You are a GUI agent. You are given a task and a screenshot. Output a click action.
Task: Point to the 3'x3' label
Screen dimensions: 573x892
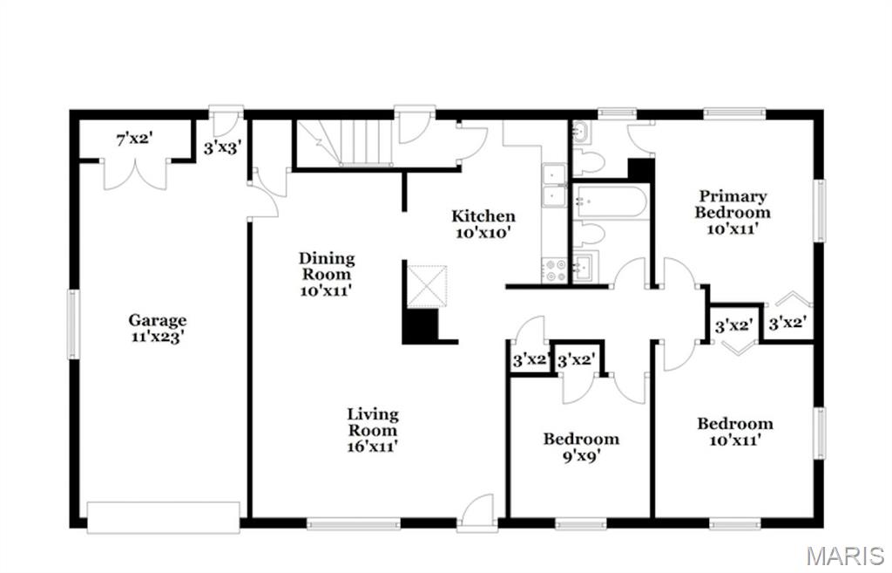221,148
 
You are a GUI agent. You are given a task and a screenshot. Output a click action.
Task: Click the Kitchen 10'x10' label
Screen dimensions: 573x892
483,224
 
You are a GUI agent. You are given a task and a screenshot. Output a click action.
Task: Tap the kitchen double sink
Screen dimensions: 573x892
553,186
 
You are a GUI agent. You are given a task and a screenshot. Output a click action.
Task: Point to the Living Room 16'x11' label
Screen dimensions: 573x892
373,430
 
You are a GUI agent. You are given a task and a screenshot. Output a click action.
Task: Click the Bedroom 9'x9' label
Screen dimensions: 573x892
581,446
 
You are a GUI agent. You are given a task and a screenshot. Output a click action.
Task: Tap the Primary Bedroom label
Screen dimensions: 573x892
732,212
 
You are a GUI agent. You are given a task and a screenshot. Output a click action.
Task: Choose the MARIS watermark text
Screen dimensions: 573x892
845,556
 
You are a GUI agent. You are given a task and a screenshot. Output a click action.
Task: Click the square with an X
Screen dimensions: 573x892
427,286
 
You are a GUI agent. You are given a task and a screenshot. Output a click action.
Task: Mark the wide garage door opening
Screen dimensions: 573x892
163,515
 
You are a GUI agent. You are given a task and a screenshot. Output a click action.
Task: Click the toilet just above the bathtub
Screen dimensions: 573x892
591,162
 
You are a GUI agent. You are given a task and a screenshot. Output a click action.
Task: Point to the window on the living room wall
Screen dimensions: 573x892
353,524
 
